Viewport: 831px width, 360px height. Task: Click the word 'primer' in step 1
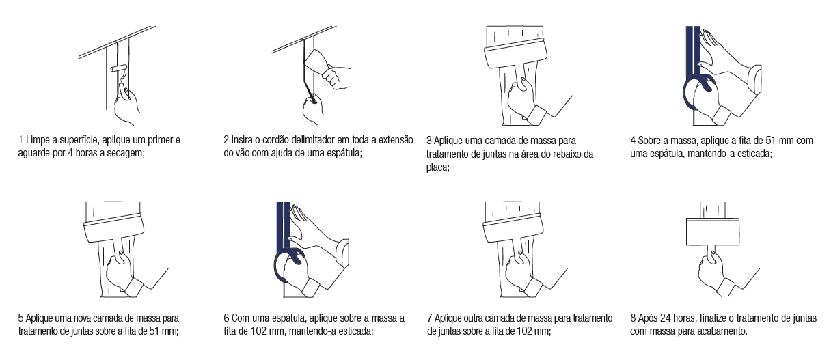click(x=161, y=140)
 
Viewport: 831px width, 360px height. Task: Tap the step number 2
click(x=226, y=140)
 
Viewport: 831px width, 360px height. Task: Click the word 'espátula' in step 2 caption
click(x=343, y=153)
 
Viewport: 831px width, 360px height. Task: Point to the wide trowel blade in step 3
click(x=516, y=53)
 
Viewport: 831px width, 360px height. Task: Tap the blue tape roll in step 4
click(x=698, y=93)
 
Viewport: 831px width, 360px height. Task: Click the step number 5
click(x=21, y=318)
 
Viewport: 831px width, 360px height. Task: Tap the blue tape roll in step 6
click(x=289, y=265)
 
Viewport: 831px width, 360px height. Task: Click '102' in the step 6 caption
click(x=257, y=331)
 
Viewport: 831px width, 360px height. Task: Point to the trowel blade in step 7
click(x=513, y=229)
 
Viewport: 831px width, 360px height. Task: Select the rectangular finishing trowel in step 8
click(x=712, y=232)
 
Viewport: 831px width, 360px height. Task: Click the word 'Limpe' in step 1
click(x=36, y=140)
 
